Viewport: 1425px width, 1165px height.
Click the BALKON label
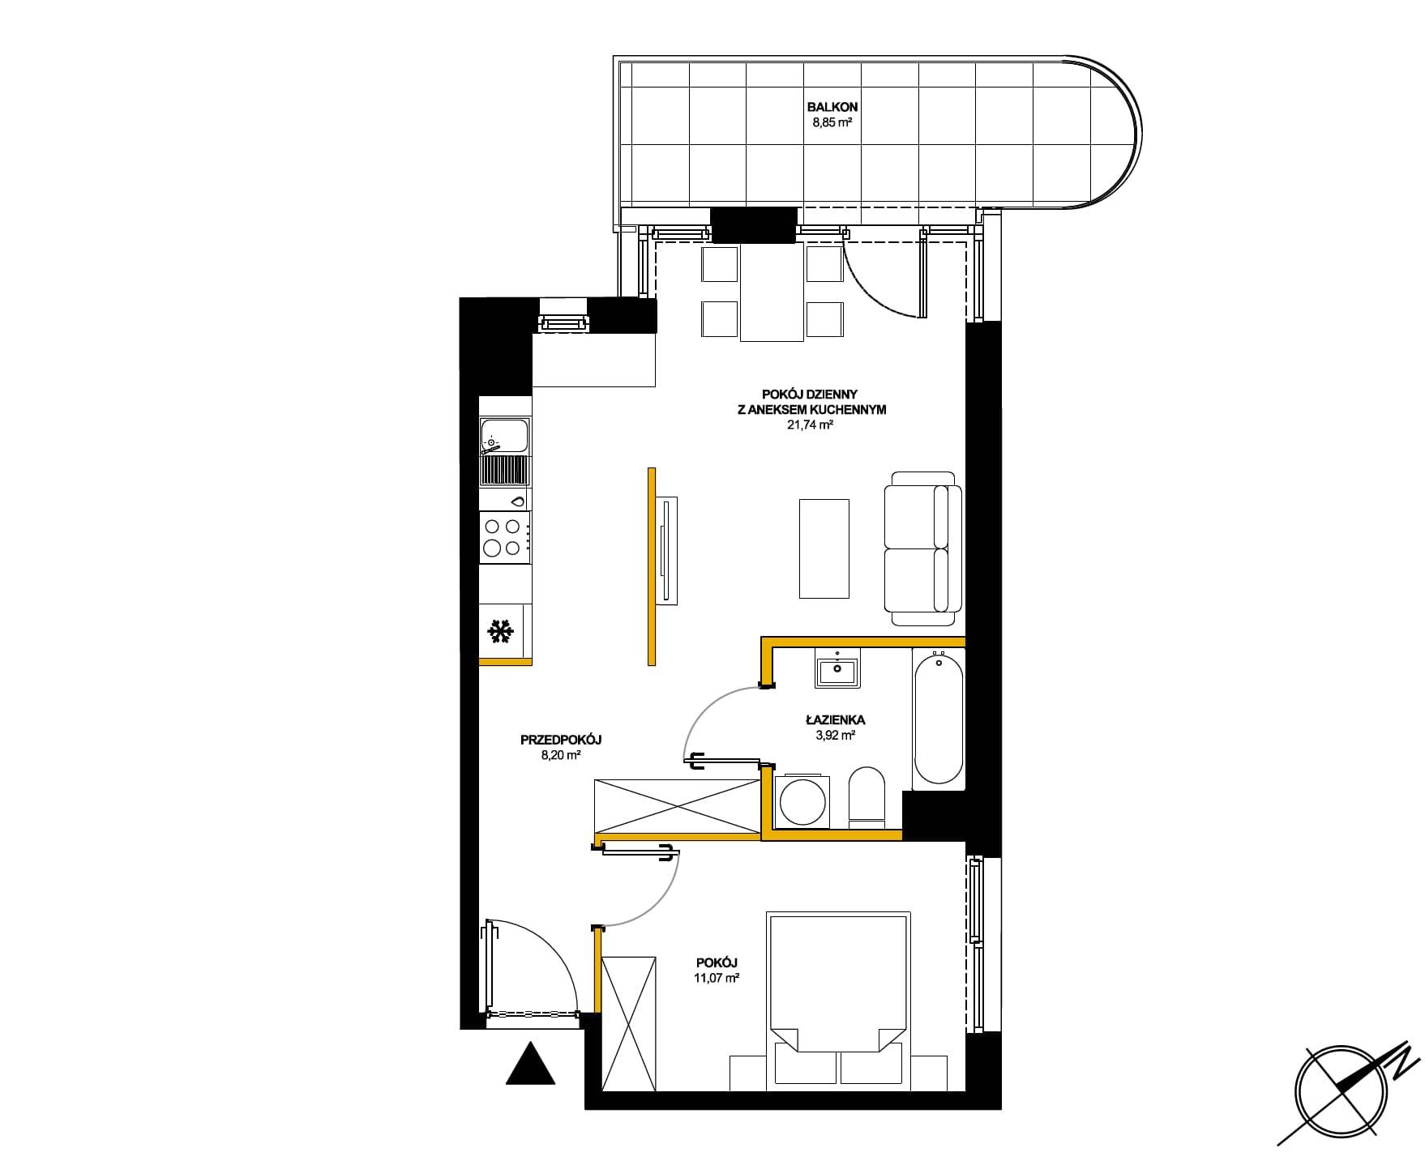(x=832, y=107)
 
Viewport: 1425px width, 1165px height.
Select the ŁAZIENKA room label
(x=835, y=719)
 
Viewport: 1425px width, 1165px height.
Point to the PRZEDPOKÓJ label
(x=561, y=740)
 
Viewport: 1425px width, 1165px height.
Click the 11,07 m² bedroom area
(x=717, y=978)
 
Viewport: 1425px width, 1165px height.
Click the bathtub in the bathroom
(x=939, y=719)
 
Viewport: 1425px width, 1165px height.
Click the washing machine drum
(x=802, y=802)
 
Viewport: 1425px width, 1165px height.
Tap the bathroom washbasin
(x=837, y=669)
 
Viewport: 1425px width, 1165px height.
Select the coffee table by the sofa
(x=824, y=548)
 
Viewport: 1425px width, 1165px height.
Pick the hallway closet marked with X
(x=677, y=805)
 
